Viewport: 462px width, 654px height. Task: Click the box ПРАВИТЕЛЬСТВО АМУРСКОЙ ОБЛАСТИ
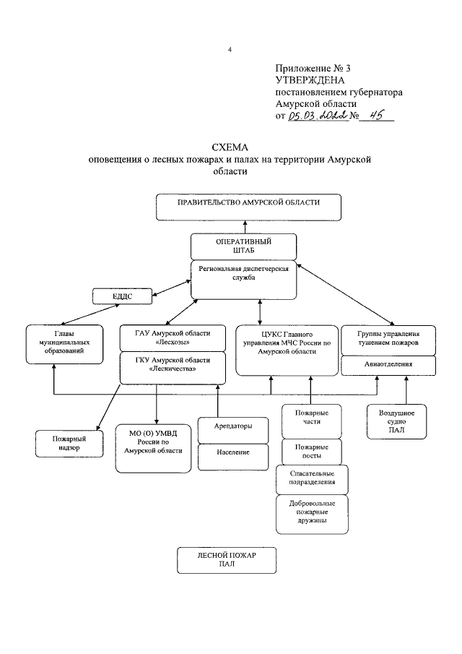click(x=248, y=207)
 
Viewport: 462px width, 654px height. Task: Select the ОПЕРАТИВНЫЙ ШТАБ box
click(x=244, y=246)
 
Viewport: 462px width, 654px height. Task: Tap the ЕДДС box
click(x=122, y=296)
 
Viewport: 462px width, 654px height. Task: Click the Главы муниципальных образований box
click(x=64, y=345)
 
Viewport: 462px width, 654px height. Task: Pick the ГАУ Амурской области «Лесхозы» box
click(x=173, y=338)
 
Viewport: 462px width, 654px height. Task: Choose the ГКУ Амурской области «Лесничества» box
click(x=173, y=368)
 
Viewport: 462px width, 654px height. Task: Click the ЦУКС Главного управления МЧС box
click(x=287, y=350)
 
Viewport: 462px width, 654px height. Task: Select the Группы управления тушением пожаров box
click(x=388, y=340)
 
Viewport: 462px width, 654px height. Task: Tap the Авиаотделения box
click(x=388, y=366)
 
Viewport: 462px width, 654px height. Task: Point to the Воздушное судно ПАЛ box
click(x=396, y=422)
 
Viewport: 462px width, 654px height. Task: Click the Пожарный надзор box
click(x=69, y=444)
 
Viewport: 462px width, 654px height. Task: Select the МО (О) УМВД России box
click(x=153, y=449)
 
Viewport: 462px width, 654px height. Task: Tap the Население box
click(x=233, y=457)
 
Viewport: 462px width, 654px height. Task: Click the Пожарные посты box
click(x=312, y=452)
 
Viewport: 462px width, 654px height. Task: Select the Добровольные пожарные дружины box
click(x=312, y=515)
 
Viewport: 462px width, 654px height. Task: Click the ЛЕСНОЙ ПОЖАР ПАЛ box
click(x=227, y=560)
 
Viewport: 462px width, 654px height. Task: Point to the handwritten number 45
click(x=377, y=115)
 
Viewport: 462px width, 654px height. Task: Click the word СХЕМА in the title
click(x=230, y=147)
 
